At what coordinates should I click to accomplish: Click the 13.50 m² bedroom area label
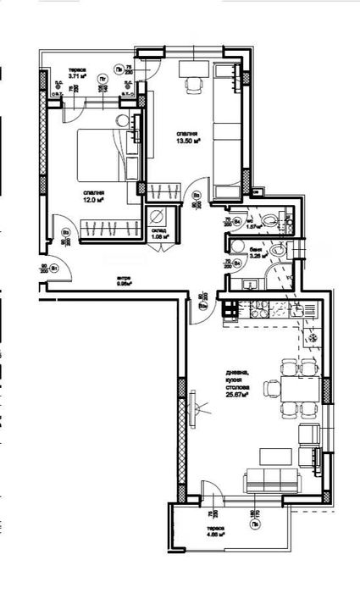pos(187,138)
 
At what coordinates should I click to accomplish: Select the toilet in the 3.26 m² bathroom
pos(279,252)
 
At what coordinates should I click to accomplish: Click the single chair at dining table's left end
pos(271,389)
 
